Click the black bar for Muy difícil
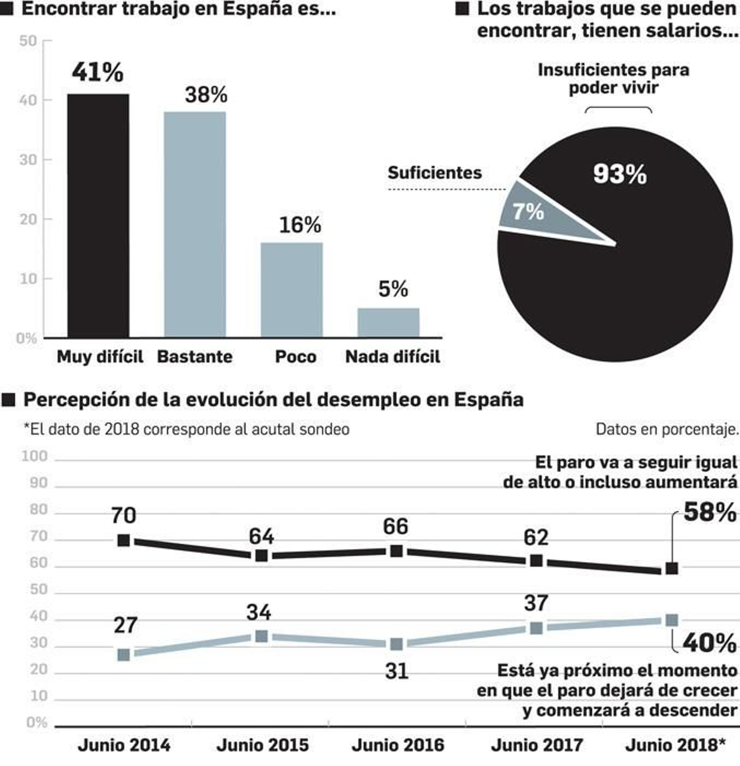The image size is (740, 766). click(98, 215)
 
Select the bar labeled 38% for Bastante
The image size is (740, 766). click(195, 224)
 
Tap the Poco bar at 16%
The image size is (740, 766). click(291, 290)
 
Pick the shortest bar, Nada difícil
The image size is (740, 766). click(388, 322)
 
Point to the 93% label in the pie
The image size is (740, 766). click(620, 174)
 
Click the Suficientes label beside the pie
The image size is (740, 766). click(434, 173)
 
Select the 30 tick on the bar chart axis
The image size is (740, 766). click(28, 160)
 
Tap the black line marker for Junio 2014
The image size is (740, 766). click(123, 540)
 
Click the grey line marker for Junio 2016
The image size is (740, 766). click(396, 644)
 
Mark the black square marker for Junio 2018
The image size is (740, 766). click(672, 568)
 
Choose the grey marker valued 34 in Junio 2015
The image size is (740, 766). click(261, 636)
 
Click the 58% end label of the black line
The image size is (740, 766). click(709, 512)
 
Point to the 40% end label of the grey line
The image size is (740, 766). click(709, 643)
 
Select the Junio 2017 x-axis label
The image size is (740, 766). click(536, 745)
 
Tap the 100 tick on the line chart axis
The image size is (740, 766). click(35, 456)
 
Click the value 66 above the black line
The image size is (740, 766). click(395, 527)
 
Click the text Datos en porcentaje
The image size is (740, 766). click(667, 429)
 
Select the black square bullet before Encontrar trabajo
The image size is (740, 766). click(6, 9)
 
